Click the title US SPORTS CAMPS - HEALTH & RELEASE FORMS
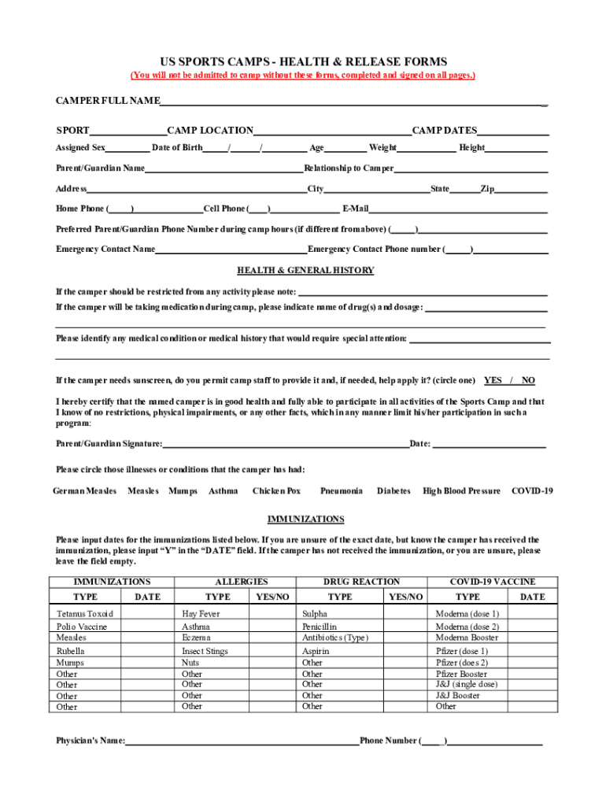click(304, 61)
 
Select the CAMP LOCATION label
click(210, 131)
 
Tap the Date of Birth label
click(177, 148)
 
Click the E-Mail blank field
click(458, 209)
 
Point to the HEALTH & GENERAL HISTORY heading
click(305, 271)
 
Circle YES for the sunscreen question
click(493, 380)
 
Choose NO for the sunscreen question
click(528, 380)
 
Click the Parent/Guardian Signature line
click(285, 444)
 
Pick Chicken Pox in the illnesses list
click(276, 491)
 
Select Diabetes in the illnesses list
click(393, 491)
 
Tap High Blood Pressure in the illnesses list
click(461, 491)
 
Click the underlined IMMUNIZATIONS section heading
click(305, 519)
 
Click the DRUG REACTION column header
click(361, 582)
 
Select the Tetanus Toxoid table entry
click(85, 614)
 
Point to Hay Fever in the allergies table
click(201, 614)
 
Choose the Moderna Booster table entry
click(467, 638)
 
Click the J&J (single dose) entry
click(467, 685)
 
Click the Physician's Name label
click(91, 741)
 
